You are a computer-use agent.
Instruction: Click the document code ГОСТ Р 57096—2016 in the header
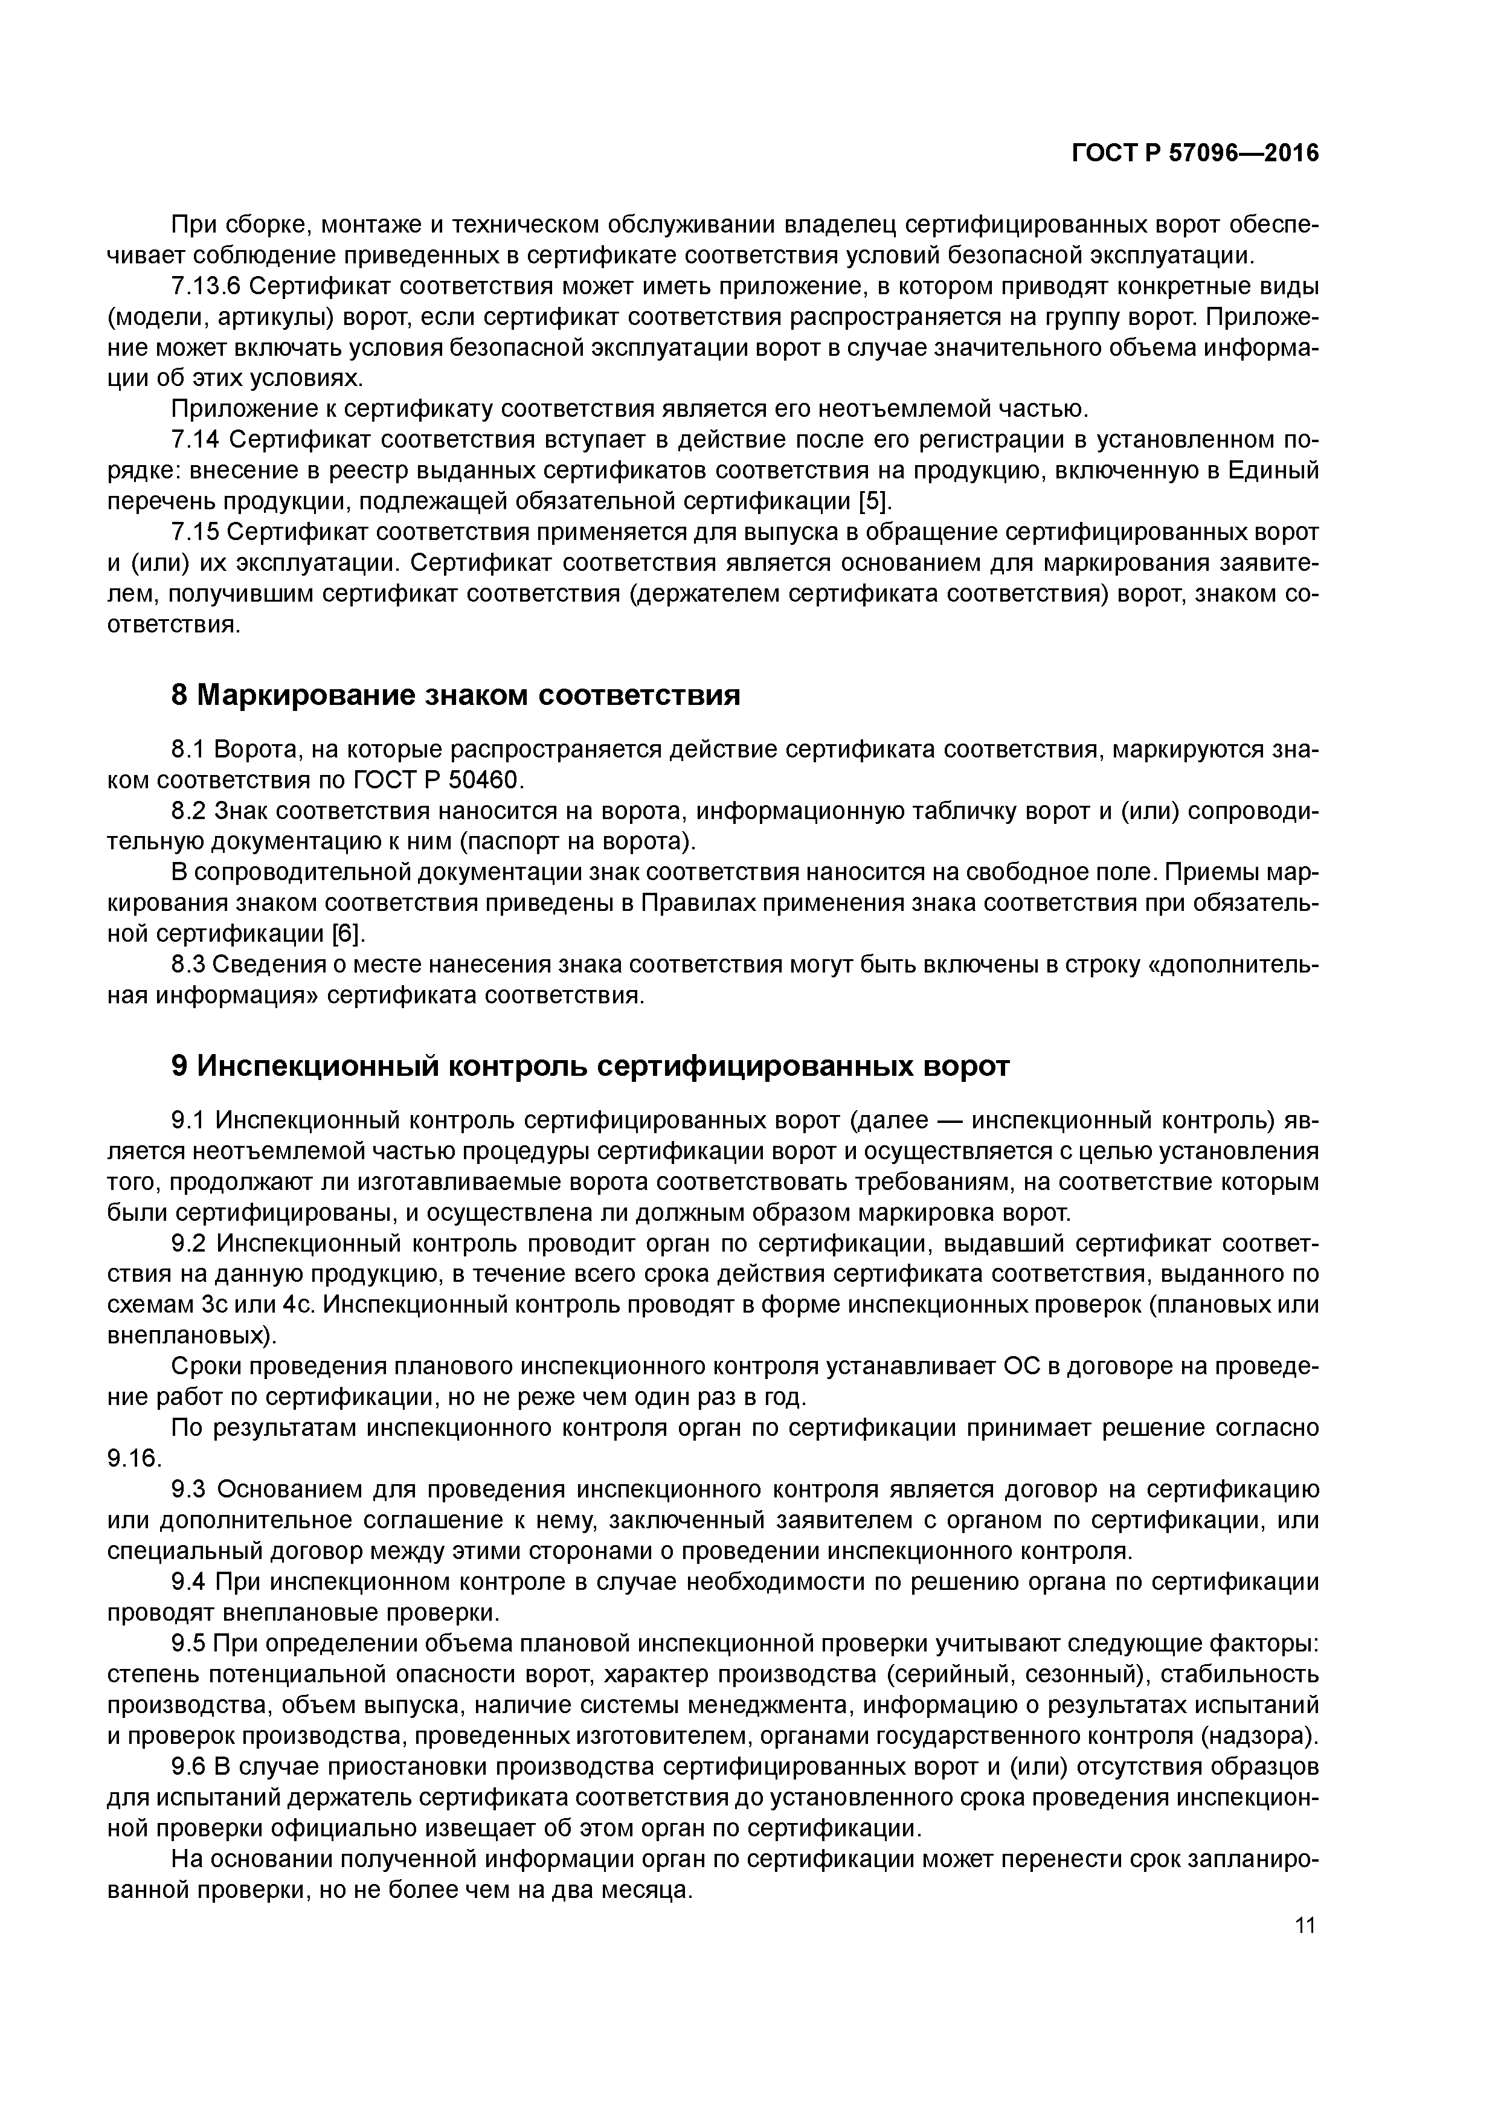pos(1195,154)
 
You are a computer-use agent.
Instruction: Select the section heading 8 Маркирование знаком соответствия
pos(456,695)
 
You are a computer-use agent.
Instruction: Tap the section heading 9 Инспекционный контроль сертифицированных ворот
pos(591,1066)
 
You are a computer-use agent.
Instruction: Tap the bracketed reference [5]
pos(875,501)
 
